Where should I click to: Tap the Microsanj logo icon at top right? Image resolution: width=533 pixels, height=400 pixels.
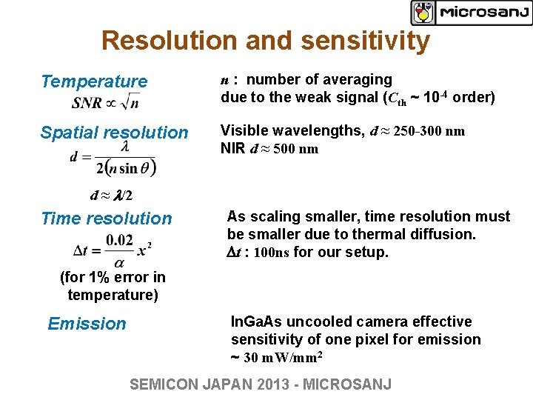[423, 13]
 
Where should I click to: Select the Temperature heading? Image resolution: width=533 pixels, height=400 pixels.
[94, 81]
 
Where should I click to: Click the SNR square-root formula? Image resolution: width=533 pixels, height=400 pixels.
[105, 101]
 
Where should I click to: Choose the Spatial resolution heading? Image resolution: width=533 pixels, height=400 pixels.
[114, 133]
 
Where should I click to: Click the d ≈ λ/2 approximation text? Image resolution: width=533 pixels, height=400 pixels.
[111, 196]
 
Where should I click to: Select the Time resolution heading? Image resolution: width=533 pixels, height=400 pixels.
[106, 219]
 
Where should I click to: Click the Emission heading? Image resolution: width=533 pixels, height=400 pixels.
[87, 324]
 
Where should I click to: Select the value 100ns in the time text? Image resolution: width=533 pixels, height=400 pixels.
[272, 253]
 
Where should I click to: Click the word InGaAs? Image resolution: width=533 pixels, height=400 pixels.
[257, 322]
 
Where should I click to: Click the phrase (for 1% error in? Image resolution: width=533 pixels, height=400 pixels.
[113, 278]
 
